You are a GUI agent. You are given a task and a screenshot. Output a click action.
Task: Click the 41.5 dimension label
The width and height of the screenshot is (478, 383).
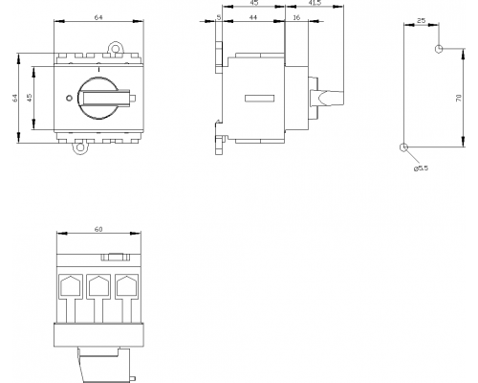point(315,2)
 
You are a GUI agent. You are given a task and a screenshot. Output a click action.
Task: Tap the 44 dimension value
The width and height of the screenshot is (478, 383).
point(252,17)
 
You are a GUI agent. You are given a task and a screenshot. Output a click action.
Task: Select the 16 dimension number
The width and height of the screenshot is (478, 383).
point(296,17)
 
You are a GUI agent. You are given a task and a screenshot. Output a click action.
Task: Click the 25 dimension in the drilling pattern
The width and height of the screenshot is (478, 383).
point(421,20)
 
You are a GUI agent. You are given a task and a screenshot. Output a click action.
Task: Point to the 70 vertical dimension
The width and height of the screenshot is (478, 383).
point(459,98)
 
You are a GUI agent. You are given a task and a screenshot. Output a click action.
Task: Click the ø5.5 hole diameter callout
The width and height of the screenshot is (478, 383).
point(421,169)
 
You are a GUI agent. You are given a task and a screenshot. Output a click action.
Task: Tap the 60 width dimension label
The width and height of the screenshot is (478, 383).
point(98,229)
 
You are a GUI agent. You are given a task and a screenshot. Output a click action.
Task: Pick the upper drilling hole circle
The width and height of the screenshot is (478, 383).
point(439,49)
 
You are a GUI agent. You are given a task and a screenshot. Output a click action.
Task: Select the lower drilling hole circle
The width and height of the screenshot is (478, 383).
point(403,147)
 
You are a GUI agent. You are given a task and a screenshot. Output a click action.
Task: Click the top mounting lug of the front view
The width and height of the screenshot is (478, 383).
point(115,48)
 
